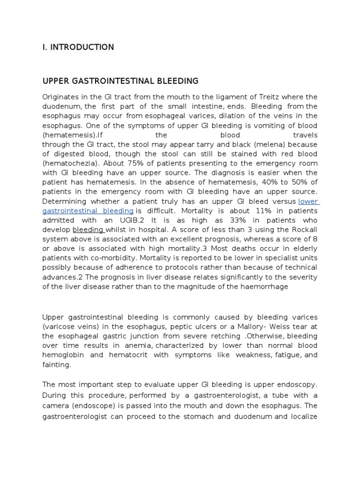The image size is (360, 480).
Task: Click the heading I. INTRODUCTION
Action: coord(78,47)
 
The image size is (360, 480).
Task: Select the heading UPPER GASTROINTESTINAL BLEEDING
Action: coord(120,81)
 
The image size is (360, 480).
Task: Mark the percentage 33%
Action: coord(234,220)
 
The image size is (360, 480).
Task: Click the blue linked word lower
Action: coord(308,201)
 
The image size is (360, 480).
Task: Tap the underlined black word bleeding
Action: coord(88,230)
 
